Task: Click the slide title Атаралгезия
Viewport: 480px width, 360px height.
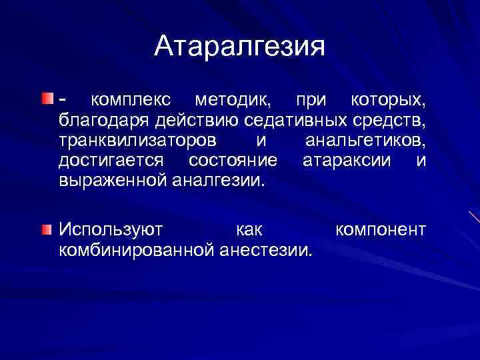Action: coord(240,47)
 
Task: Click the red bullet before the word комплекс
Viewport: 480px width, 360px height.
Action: coord(45,99)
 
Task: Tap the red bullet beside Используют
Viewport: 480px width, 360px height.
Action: coord(45,230)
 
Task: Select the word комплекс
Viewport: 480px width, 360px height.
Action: coord(130,101)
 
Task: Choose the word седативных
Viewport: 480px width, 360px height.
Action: coord(296,121)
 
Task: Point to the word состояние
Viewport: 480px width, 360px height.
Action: coord(233,161)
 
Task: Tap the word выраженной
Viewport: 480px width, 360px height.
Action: coord(113,180)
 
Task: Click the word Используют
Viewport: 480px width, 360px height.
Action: coord(111,231)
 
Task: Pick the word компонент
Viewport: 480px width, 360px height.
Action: coord(380,231)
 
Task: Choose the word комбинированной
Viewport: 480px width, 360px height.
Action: coord(136,251)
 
